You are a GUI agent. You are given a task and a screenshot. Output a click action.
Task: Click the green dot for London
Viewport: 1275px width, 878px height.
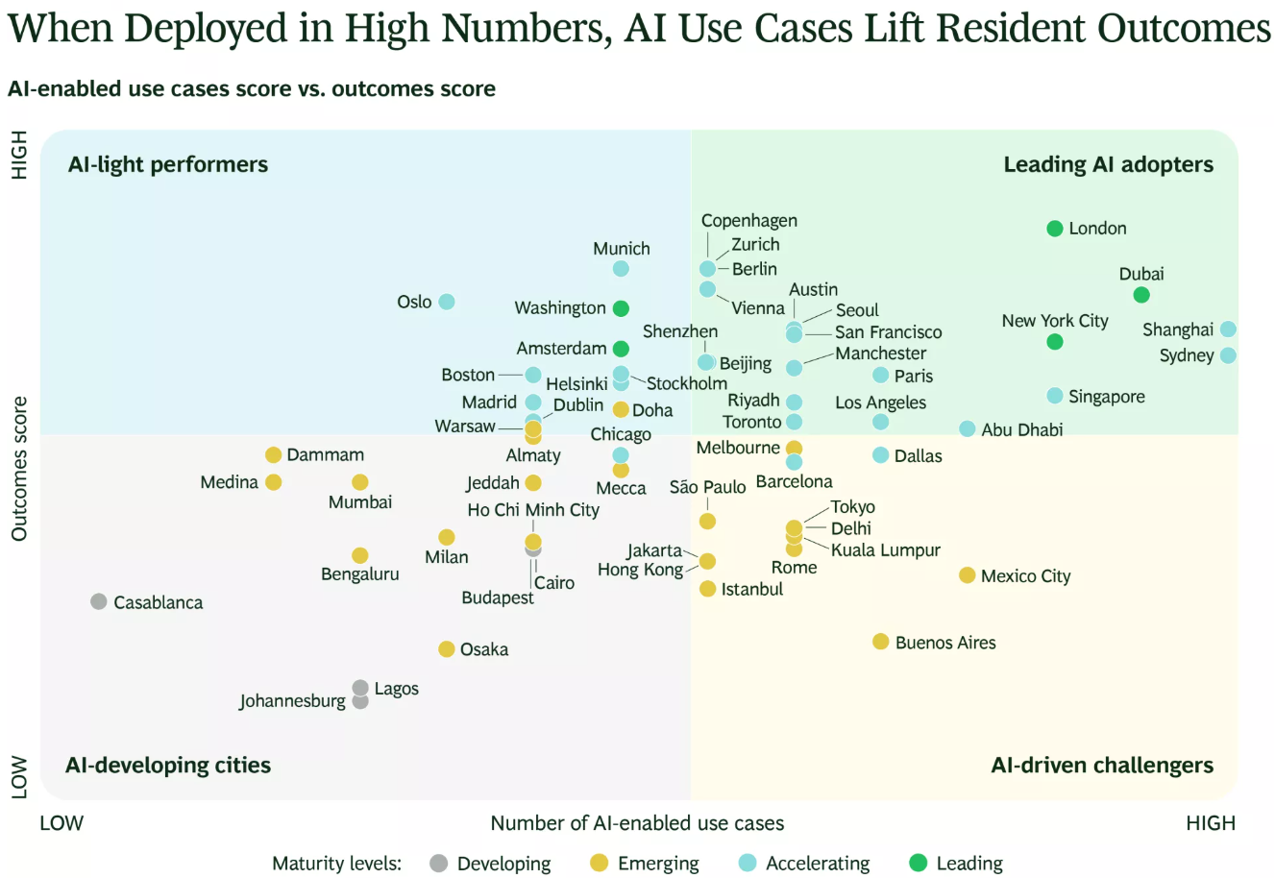point(1055,229)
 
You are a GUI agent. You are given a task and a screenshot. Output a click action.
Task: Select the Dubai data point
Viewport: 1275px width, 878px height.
point(1141,295)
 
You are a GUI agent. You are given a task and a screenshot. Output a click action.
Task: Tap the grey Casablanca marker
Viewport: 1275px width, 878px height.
point(98,601)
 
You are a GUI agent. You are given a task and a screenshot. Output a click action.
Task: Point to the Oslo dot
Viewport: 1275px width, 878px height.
point(447,302)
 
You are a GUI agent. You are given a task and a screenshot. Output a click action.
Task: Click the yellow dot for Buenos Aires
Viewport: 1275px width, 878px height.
point(880,642)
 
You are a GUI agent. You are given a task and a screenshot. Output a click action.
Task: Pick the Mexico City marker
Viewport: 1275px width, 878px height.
point(968,575)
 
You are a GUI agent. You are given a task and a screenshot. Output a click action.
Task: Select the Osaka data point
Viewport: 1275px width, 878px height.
point(447,648)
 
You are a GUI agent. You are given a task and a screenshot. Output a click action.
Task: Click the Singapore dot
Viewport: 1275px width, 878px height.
point(1055,396)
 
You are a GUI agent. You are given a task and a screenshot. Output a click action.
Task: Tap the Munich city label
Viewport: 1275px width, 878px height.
point(621,249)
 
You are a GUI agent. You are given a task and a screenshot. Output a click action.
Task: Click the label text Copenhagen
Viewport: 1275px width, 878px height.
point(749,221)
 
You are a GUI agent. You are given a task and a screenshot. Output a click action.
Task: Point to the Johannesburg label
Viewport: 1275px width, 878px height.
point(292,700)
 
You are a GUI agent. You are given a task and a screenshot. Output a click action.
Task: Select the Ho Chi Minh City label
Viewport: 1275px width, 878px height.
point(533,510)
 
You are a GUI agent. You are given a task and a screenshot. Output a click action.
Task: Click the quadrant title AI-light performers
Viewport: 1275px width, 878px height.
point(168,164)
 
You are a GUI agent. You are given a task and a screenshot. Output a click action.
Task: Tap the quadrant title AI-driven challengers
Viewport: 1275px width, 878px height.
point(1102,766)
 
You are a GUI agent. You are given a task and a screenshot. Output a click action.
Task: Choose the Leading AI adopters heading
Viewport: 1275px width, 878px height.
point(1108,164)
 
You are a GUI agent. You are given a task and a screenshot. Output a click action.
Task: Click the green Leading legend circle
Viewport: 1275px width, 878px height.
point(919,863)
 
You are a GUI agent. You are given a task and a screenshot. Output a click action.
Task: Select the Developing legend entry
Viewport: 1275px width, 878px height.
point(491,864)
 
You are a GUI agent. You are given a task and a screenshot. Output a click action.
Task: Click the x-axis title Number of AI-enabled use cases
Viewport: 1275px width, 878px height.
point(637,823)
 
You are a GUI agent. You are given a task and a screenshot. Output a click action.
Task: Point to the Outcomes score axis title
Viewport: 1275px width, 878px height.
point(19,469)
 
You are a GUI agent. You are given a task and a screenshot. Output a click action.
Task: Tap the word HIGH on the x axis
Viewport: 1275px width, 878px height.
point(1211,823)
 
